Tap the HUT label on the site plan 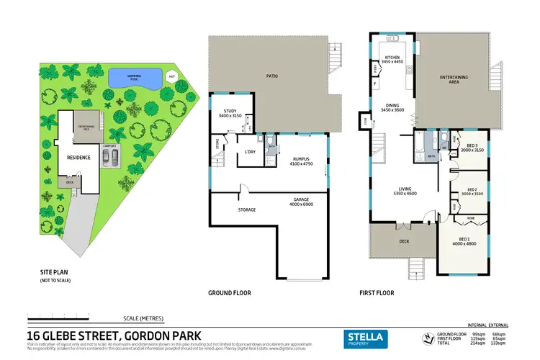pos(171,76)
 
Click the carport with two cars pos(111,156)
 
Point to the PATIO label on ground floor pos(272,76)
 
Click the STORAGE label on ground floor pos(247,210)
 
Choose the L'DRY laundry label pos(251,151)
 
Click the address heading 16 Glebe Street pos(114,335)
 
